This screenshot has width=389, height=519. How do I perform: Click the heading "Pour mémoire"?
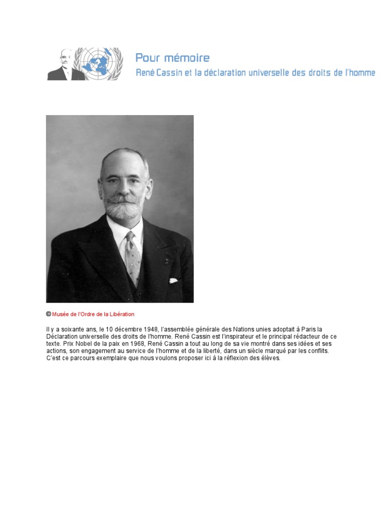pyautogui.click(x=172, y=58)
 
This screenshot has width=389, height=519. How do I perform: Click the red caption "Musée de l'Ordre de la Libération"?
pyautogui.click(x=93, y=314)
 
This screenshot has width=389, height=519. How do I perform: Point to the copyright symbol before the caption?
pyautogui.click(x=49, y=314)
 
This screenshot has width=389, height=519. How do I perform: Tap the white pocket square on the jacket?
pyautogui.click(x=173, y=280)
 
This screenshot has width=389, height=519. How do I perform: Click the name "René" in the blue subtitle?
pyautogui.click(x=145, y=73)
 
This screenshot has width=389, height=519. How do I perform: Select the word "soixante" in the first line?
pyautogui.click(x=73, y=329)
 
